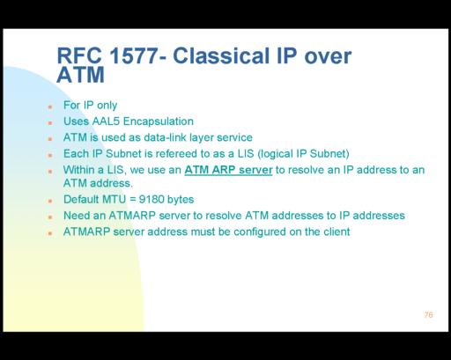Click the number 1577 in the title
click(134, 55)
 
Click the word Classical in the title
click(221, 55)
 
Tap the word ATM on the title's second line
click(80, 75)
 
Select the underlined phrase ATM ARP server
click(228, 170)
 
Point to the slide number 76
click(428, 315)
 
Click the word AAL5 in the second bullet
click(106, 121)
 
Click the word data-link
click(165, 137)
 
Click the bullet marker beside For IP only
click(50, 107)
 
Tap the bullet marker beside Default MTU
click(50, 201)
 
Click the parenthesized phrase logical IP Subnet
click(303, 154)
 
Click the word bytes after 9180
click(181, 200)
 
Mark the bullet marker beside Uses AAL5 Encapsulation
click(50, 123)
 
